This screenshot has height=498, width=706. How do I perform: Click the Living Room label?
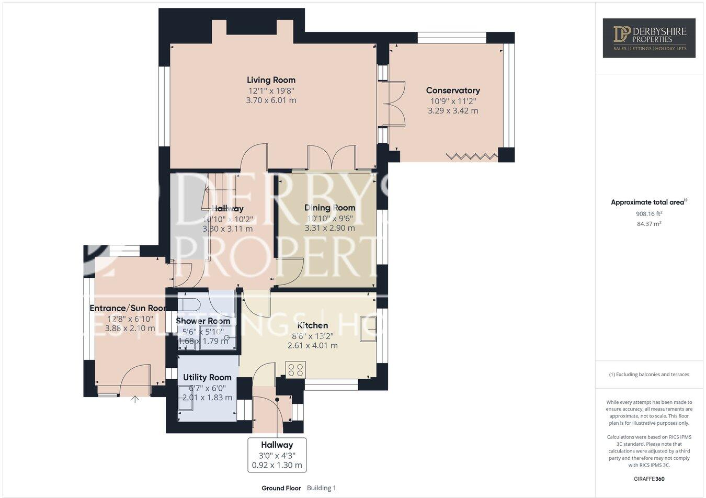[271, 80]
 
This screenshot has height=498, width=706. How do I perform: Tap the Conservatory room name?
[453, 90]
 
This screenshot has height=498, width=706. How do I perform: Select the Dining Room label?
[329, 208]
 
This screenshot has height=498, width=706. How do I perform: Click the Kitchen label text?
[312, 325]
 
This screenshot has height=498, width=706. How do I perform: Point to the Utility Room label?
[207, 377]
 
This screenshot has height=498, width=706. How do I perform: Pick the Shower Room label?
[203, 321]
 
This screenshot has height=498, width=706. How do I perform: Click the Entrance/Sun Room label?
[128, 308]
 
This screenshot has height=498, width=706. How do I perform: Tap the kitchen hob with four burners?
[295, 369]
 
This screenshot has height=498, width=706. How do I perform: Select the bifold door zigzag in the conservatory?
[472, 156]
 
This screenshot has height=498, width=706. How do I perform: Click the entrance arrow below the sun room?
[135, 400]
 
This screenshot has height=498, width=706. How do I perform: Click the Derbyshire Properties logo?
[649, 38]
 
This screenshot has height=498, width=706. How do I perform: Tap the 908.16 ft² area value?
[649, 213]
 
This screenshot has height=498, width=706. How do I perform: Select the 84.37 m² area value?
[649, 224]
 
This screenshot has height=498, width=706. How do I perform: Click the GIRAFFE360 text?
[649, 479]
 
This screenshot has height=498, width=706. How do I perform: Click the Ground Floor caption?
[281, 488]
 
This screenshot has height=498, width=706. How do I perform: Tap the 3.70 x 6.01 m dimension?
[271, 100]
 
